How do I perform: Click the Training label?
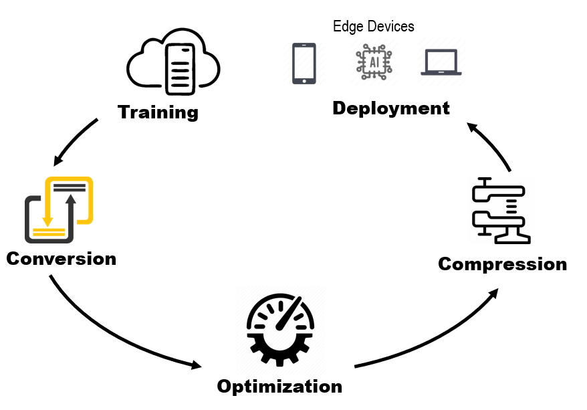(158, 112)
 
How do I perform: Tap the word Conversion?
(61, 258)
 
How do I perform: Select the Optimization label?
(279, 386)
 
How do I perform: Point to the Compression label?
(502, 264)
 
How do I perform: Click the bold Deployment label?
(391, 108)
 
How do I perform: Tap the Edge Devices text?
(374, 26)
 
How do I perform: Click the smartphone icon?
(304, 63)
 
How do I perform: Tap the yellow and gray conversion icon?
(58, 209)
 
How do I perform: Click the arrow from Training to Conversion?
(75, 142)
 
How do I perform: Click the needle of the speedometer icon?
(288, 313)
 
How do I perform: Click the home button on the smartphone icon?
(304, 80)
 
